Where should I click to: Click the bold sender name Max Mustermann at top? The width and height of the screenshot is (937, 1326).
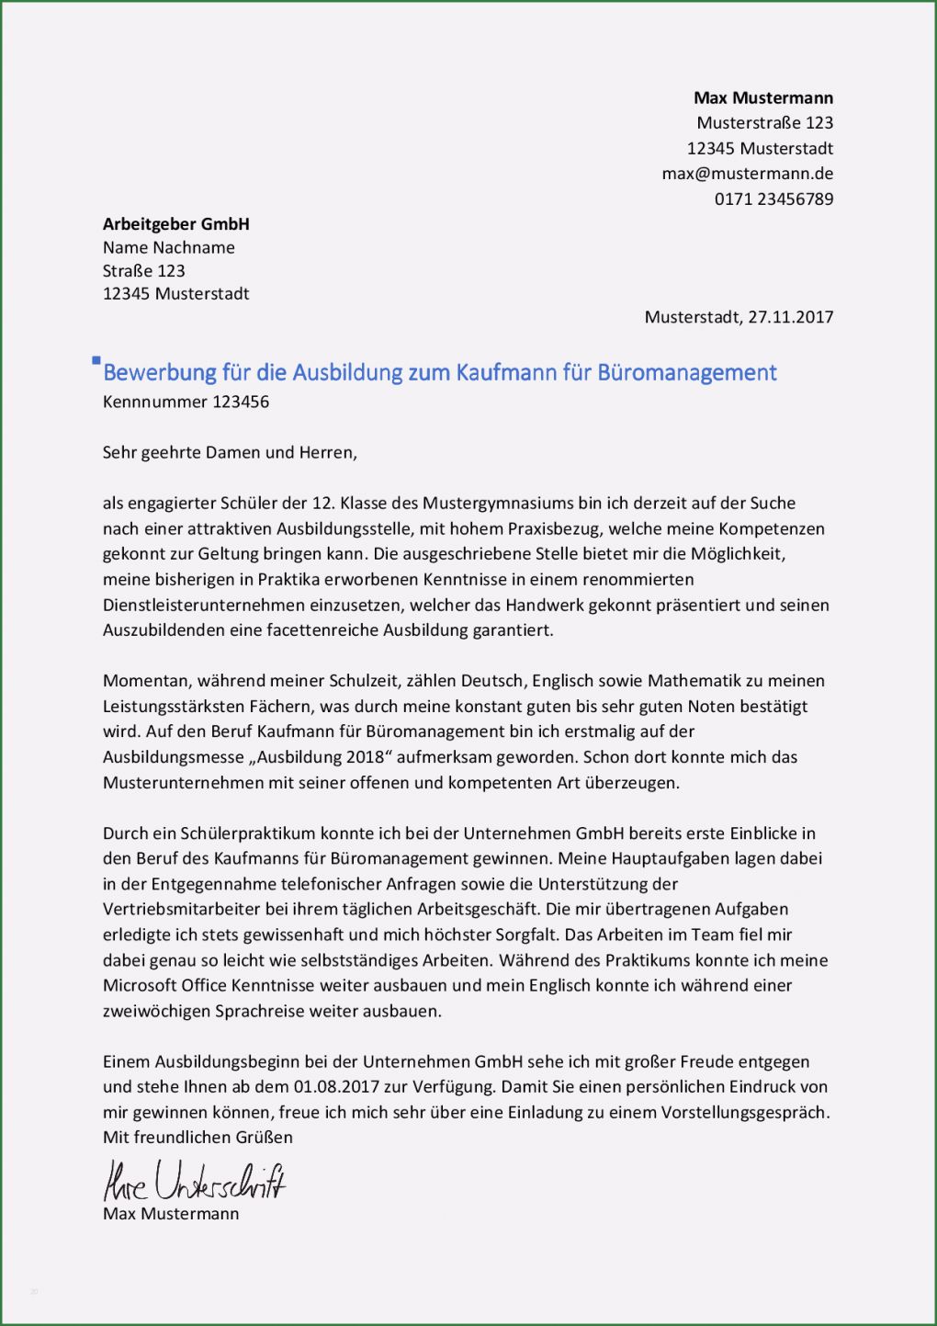click(763, 97)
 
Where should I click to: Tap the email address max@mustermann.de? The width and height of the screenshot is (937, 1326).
click(748, 173)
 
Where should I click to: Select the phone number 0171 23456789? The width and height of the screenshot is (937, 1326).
click(773, 198)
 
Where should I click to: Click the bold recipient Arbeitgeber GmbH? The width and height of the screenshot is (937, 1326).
click(176, 223)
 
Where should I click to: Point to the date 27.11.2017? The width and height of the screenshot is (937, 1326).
click(790, 317)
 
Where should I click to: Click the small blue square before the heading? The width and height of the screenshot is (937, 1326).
click(96, 360)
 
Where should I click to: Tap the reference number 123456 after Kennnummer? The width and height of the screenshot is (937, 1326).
click(241, 402)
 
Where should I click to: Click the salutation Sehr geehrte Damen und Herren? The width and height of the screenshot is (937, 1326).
click(230, 452)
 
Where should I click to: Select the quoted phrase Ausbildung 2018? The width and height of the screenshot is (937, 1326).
click(320, 757)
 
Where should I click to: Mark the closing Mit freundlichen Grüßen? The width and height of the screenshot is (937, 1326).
click(198, 1137)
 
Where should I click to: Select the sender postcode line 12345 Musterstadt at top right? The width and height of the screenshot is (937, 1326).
click(760, 148)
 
